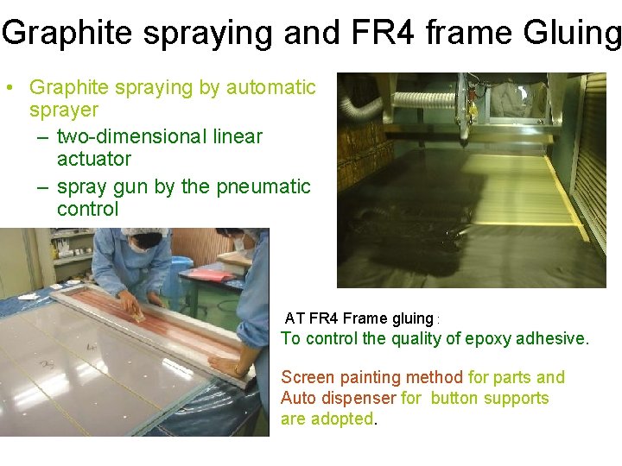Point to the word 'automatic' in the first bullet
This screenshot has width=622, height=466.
271,87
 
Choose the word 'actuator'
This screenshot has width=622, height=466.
94,159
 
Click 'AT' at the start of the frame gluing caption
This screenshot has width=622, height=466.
295,318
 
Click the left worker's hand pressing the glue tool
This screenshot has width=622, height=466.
130,301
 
